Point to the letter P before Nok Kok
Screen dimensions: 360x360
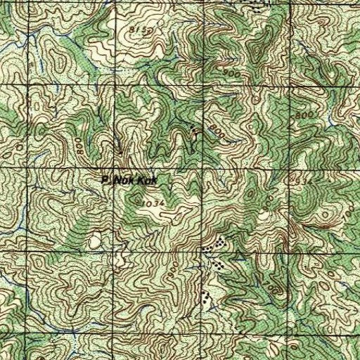pyautogui.click(x=105, y=181)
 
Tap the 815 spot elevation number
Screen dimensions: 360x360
pyautogui.click(x=141, y=30)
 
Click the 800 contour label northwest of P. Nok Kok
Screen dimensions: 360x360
pyautogui.click(x=79, y=146)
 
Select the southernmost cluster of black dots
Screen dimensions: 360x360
pyautogui.click(x=206, y=296)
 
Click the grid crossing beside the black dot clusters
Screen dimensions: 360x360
pyautogui.click(x=205, y=257)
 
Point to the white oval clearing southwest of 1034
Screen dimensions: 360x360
pyautogui.click(x=95, y=243)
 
